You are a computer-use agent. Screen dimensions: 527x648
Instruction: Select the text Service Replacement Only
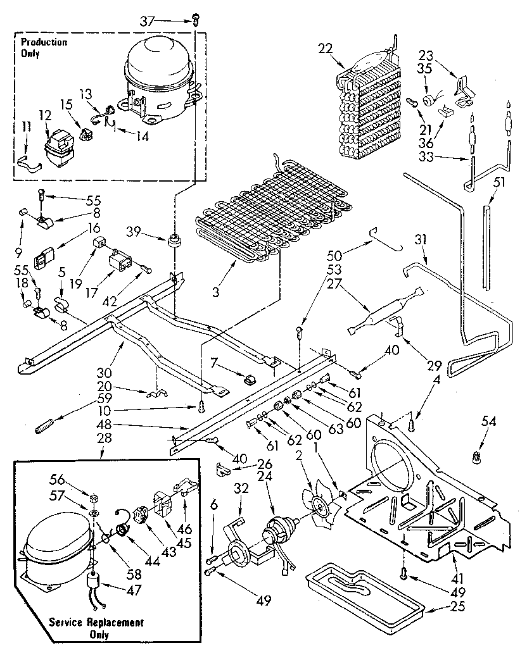coord(96,628)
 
